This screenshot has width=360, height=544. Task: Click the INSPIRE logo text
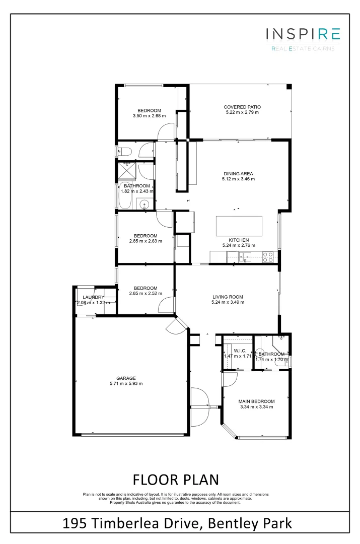coord(303,34)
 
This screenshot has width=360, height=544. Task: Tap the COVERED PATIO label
coord(242,107)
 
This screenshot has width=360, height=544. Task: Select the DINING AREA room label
coord(238,173)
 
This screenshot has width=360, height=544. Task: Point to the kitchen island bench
coord(240,226)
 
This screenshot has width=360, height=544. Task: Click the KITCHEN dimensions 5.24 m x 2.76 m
coord(238,245)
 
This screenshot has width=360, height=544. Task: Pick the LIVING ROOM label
coord(228,297)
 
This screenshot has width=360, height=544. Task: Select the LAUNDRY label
coord(93,297)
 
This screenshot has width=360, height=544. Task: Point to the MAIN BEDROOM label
coord(256,401)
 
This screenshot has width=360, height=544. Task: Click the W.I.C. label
coord(239,351)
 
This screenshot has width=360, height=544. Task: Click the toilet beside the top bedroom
coord(124,150)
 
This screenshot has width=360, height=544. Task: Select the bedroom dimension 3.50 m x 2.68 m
coord(149,116)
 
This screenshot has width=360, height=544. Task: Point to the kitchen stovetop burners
coord(268,257)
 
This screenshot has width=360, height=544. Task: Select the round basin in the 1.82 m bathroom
coord(145,204)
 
